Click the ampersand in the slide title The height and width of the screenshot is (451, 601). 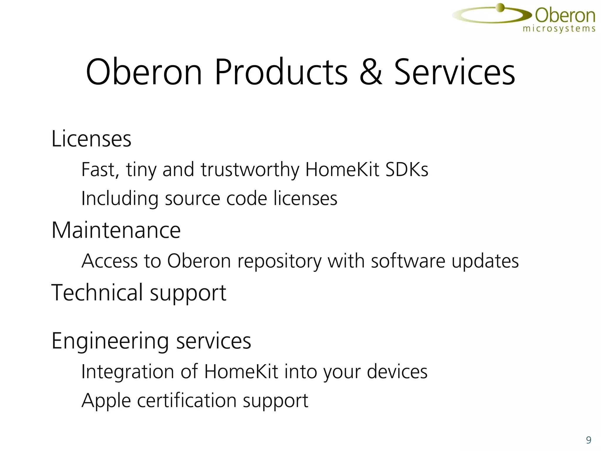click(371, 72)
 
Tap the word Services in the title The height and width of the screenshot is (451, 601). click(454, 72)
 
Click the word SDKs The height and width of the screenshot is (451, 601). click(407, 169)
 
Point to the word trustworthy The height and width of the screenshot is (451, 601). click(250, 170)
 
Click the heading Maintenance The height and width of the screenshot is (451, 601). click(116, 230)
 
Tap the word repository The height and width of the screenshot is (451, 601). click(279, 261)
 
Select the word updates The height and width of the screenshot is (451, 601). click(485, 261)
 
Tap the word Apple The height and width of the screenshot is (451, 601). click(106, 401)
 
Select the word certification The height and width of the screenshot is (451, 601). click(187, 400)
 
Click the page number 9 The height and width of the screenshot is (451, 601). click(588, 440)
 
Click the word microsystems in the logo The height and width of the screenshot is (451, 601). click(559, 29)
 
